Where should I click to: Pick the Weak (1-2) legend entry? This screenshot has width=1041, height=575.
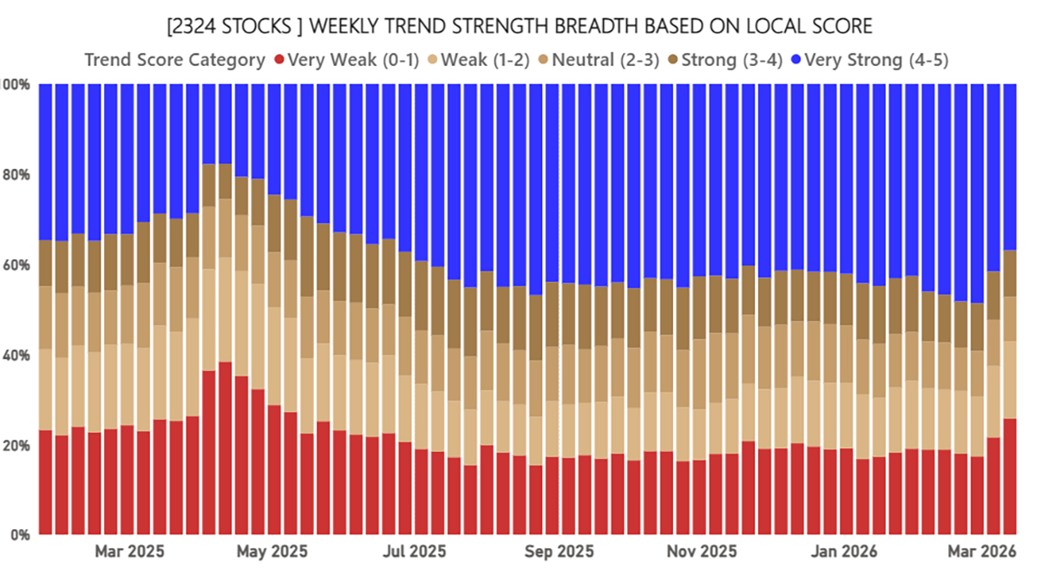[481, 60]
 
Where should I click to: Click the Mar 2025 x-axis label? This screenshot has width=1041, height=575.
[129, 551]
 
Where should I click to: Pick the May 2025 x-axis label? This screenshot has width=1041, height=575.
[272, 551]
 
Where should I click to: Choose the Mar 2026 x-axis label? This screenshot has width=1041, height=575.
[981, 551]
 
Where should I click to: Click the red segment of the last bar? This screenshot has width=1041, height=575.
[1010, 477]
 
